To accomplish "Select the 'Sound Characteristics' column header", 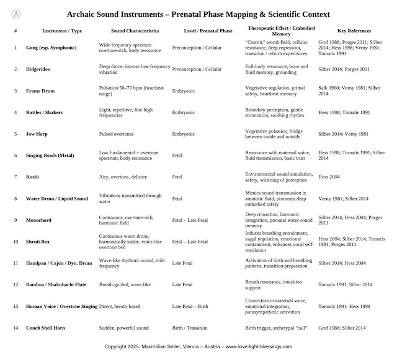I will coord(127,30).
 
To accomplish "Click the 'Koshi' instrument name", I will coord(33,177).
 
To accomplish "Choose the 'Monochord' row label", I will coord(39,219).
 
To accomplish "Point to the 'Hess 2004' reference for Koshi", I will coord(330,177).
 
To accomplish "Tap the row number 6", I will coord(15,155).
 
